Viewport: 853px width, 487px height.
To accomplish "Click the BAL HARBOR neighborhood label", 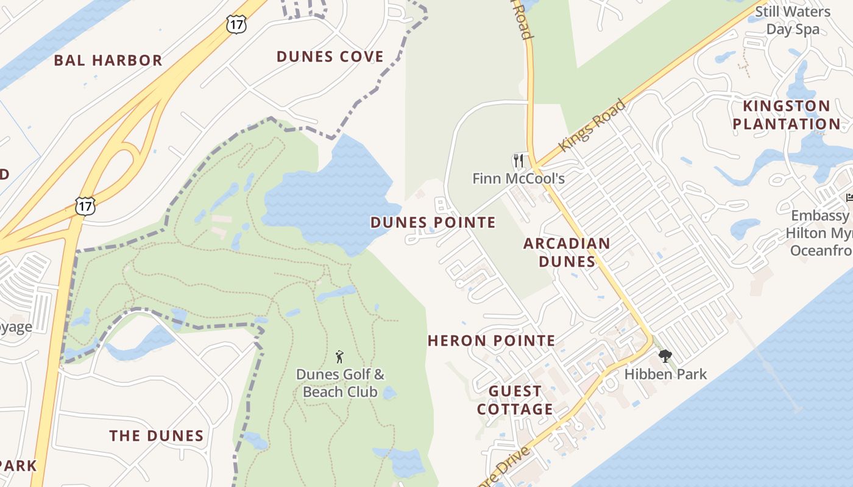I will [x=108, y=60].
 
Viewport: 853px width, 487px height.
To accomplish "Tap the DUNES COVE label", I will [x=330, y=57].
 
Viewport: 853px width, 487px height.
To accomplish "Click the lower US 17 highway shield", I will [x=85, y=206].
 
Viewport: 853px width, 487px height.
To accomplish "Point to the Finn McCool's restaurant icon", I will [x=519, y=161].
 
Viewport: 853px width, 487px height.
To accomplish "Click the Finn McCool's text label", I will [x=519, y=178].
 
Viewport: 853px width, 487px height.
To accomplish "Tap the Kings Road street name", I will [x=592, y=125].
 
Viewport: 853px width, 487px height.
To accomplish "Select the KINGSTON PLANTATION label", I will [x=786, y=115].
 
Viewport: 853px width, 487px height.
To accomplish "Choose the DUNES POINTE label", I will [x=433, y=222].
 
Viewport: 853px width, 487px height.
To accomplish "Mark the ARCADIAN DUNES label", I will [x=567, y=252].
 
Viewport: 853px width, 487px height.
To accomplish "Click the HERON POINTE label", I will [x=492, y=340].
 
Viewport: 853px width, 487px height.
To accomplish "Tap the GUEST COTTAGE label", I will [x=515, y=400].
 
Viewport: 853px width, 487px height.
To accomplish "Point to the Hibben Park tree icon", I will [x=665, y=356].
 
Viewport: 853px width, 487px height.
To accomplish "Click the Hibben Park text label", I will [x=665, y=374].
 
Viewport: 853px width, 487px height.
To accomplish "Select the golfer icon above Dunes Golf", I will [x=340, y=357].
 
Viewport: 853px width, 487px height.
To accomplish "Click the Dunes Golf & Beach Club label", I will [x=340, y=383].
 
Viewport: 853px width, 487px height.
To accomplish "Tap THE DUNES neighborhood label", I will [x=157, y=436].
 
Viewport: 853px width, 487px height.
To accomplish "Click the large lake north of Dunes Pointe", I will [x=329, y=195].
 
